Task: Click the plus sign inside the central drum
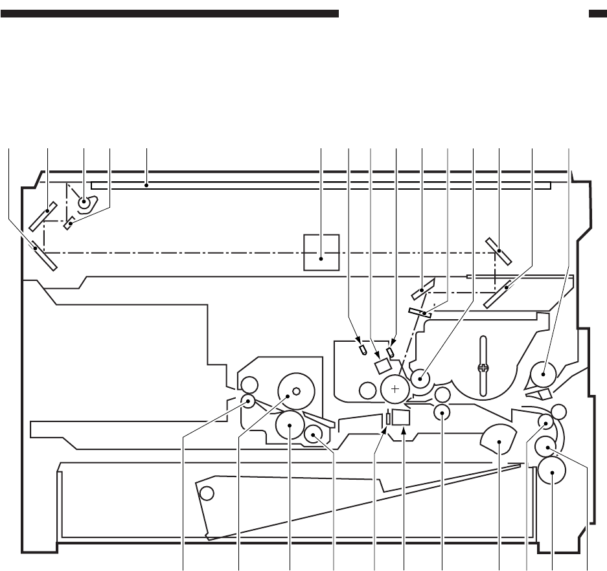(395, 388)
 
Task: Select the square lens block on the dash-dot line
(322, 252)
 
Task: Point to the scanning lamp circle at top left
(85, 203)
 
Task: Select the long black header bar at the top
(170, 13)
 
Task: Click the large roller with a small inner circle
(295, 391)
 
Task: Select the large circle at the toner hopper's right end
(543, 375)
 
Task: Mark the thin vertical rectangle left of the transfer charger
(388, 418)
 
